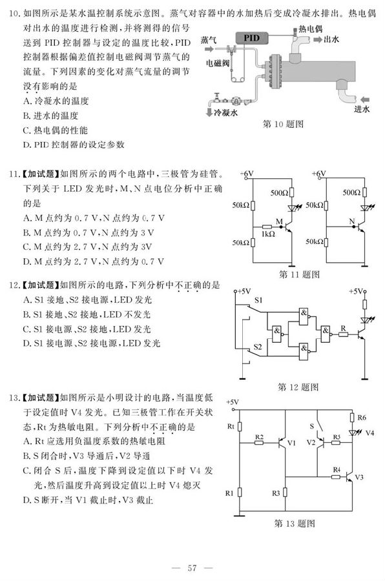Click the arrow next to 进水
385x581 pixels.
366,99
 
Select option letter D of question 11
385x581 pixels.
26,261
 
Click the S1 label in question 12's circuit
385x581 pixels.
258,300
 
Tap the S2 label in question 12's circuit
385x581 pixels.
258,347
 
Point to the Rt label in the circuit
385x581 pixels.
231,427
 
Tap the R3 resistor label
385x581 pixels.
276,493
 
